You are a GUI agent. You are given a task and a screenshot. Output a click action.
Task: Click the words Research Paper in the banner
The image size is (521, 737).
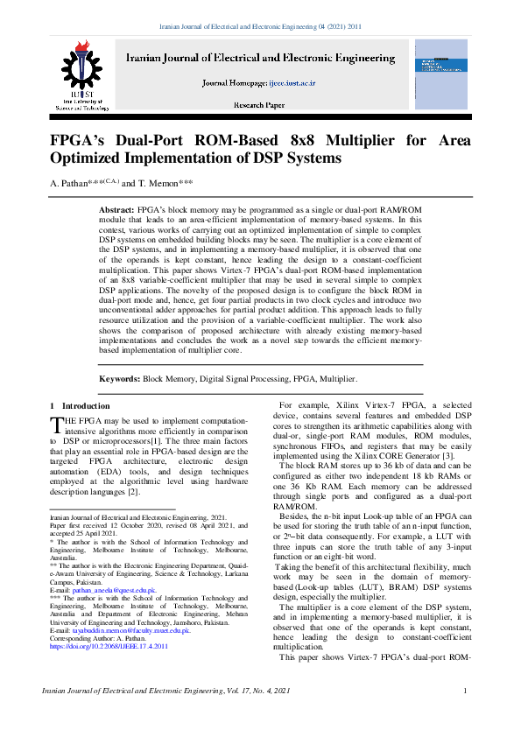pos(258,105)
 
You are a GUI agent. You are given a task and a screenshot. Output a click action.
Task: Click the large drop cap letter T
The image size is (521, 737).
pos(58,425)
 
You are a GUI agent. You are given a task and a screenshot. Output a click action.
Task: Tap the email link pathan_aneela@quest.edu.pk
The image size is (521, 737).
pos(115,591)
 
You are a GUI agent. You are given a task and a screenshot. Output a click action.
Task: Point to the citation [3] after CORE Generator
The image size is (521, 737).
pos(447,456)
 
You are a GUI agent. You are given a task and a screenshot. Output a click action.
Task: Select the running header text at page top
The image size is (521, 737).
pos(260,27)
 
